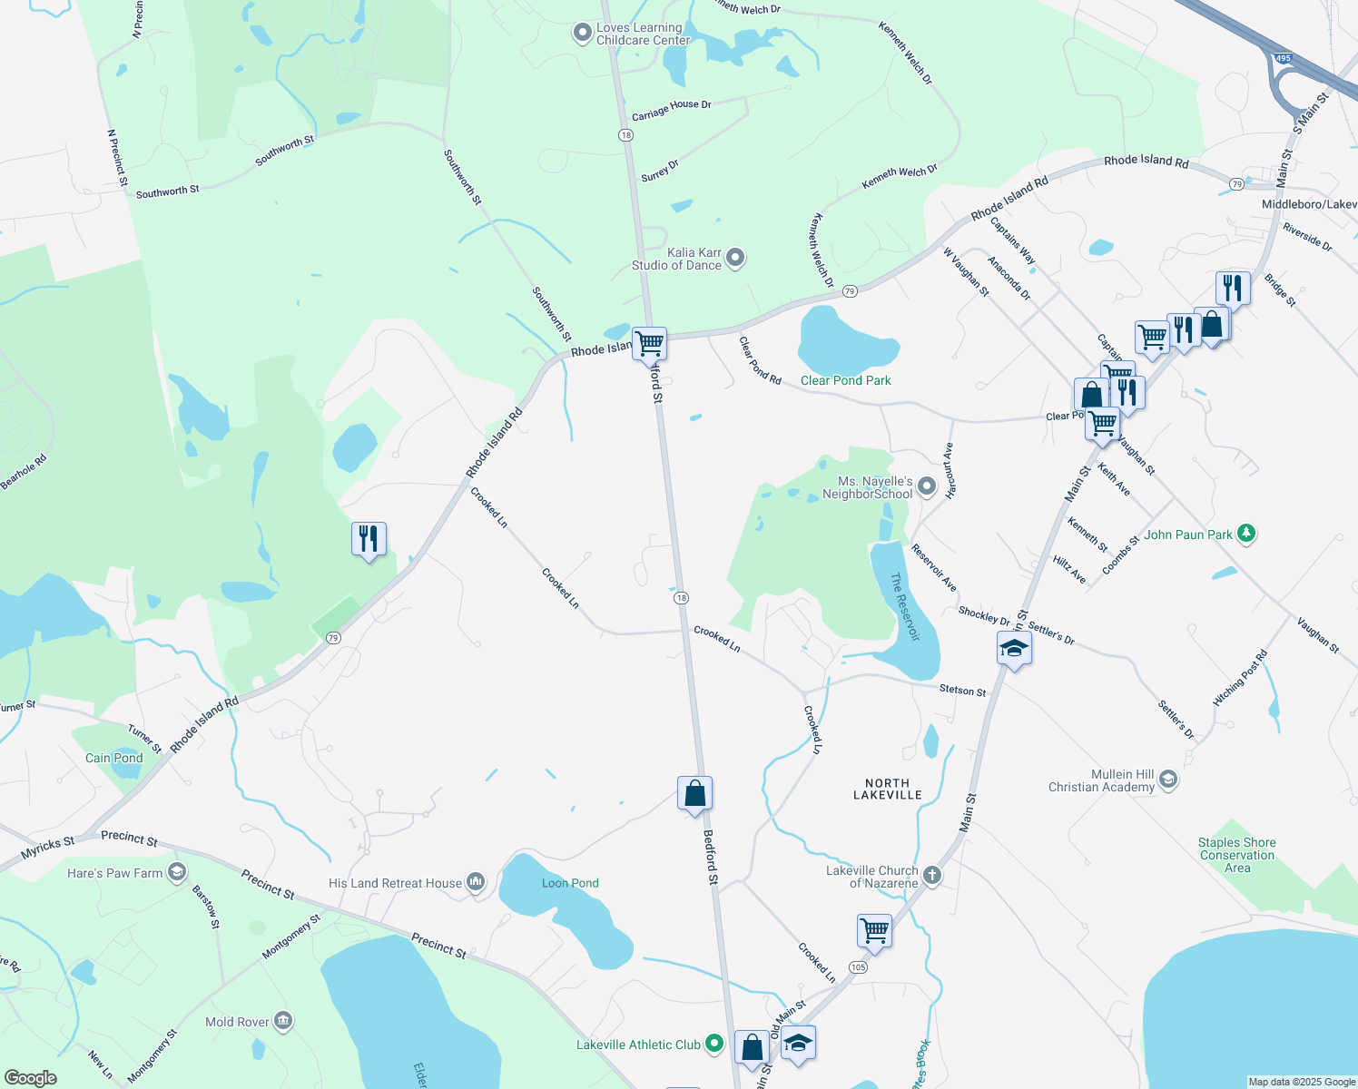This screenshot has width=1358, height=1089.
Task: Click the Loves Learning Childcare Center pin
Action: pyautogui.click(x=582, y=34)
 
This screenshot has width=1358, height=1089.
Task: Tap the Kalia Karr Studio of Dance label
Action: pyautogui.click(x=676, y=259)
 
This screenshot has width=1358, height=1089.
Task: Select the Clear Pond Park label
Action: pyautogui.click(x=845, y=380)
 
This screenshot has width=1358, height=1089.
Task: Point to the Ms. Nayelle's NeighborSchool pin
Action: pyautogui.click(x=927, y=487)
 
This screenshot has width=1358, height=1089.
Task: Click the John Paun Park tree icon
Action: pyautogui.click(x=1246, y=534)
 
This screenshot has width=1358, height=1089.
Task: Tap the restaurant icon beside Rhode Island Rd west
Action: pyautogui.click(x=369, y=539)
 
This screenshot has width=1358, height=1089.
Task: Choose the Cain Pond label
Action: pyautogui.click(x=114, y=758)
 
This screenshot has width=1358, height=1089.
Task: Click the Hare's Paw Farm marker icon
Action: pyautogui.click(x=177, y=873)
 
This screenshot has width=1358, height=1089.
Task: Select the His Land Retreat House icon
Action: pyautogui.click(x=476, y=882)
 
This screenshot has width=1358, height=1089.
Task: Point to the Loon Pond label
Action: pyautogui.click(x=570, y=883)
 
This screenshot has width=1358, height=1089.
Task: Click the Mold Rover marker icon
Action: pyautogui.click(x=283, y=1022)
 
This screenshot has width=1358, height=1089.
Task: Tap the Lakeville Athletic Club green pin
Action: pyautogui.click(x=714, y=1045)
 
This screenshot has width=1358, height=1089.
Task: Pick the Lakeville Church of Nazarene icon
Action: pyautogui.click(x=932, y=877)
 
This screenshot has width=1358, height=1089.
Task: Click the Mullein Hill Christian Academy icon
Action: pyautogui.click(x=1168, y=780)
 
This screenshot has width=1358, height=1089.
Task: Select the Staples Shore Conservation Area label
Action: pyautogui.click(x=1236, y=855)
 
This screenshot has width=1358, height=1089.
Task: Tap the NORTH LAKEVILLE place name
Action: pyautogui.click(x=887, y=789)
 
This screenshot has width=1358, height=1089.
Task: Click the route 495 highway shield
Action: pyautogui.click(x=1283, y=58)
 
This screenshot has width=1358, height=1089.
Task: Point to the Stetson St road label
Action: pyautogui.click(x=962, y=691)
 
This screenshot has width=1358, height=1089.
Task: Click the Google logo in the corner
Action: pyautogui.click(x=30, y=1077)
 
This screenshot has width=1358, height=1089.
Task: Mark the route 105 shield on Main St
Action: pyautogui.click(x=858, y=967)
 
